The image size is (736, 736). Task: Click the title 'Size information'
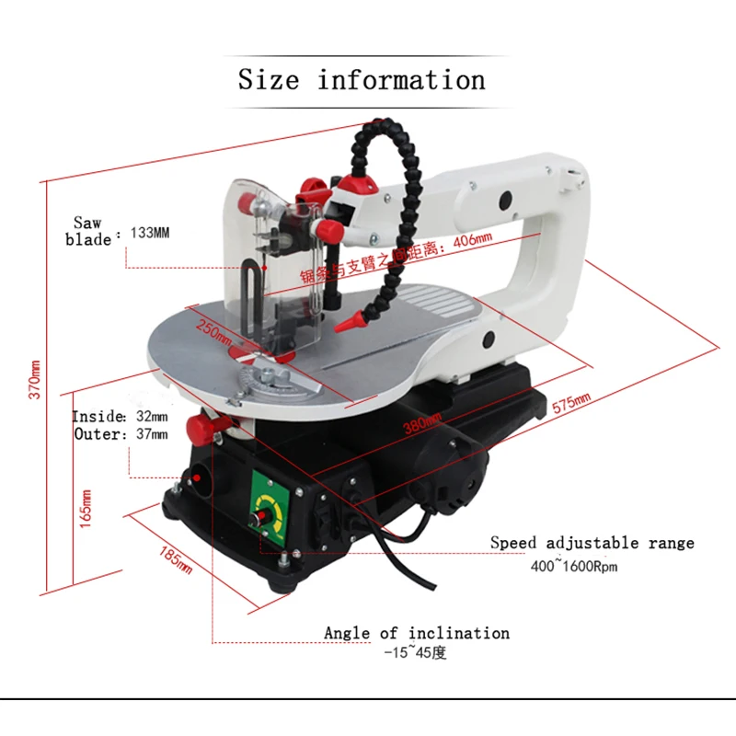click(x=362, y=80)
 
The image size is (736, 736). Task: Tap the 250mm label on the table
click(x=214, y=328)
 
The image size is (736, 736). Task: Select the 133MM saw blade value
click(x=150, y=234)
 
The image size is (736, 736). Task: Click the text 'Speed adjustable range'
click(x=592, y=544)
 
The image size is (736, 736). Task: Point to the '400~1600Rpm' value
click(x=571, y=566)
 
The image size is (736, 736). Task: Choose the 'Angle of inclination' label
click(x=416, y=633)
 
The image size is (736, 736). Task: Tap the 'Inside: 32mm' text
click(x=121, y=417)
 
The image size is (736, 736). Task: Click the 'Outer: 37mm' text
click(x=121, y=434)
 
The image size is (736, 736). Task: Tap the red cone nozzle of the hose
click(x=348, y=324)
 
